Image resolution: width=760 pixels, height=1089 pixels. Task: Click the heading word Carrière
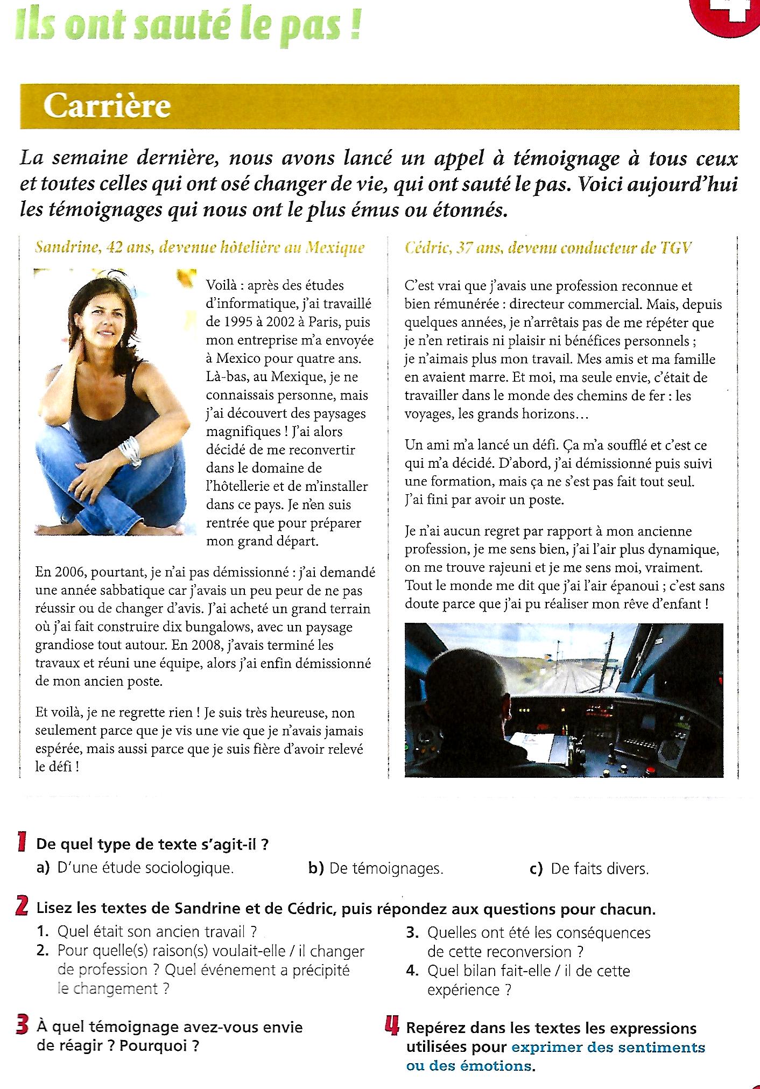[107, 106]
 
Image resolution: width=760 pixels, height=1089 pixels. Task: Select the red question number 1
[22, 842]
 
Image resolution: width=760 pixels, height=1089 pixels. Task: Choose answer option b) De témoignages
[376, 868]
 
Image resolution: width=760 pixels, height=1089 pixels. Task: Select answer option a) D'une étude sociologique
[135, 868]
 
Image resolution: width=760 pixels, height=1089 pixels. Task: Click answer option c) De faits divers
[589, 868]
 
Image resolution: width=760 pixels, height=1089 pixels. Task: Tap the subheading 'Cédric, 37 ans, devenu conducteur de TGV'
[548, 248]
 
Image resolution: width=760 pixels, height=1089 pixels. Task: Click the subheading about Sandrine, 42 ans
[200, 248]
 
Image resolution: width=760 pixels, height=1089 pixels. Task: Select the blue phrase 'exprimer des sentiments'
[608, 1048]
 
